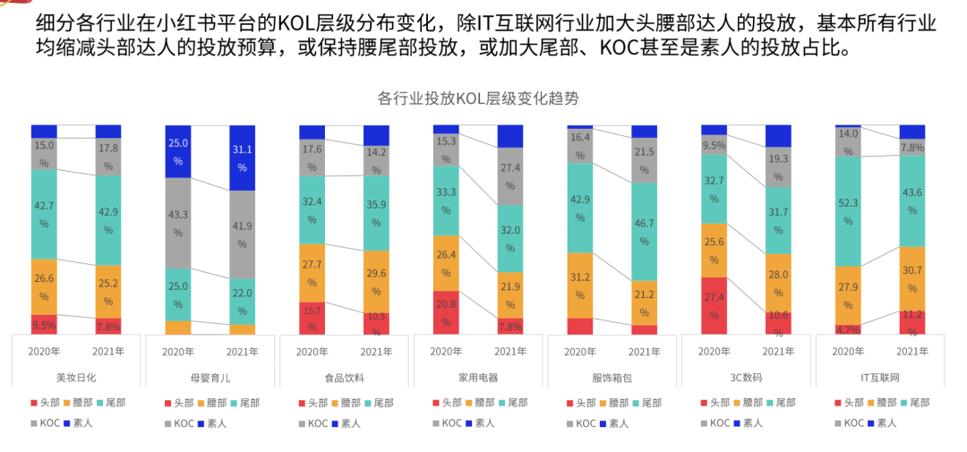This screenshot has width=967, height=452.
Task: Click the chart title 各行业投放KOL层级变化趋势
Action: coord(484,98)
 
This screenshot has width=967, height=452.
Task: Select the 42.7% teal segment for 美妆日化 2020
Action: coord(44,214)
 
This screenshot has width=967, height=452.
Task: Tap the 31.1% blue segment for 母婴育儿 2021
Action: coord(243,158)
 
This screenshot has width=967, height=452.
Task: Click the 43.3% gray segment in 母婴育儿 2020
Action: coord(178,223)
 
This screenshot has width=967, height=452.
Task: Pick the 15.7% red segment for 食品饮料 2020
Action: coord(312,318)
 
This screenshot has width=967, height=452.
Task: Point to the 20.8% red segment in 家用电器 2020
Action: coord(446,312)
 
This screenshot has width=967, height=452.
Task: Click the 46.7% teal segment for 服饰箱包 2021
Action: coord(644,232)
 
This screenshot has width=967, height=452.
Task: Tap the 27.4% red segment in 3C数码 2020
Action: coord(714,305)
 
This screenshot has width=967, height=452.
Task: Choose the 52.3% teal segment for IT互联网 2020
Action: coord(848,211)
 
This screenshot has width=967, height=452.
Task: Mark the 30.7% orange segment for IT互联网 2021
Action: coord(912,278)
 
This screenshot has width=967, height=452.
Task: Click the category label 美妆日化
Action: coord(76,378)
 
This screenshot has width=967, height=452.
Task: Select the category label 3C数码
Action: coord(746,378)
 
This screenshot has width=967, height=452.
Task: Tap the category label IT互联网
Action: coord(879,378)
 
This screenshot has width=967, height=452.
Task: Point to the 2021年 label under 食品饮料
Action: coord(376,352)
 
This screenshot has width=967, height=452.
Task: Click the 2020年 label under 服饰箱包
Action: coord(580,352)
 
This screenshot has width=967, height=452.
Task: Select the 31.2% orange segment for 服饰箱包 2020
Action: coord(580,286)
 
